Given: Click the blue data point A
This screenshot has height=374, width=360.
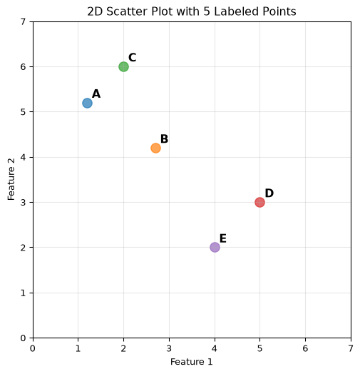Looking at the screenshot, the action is pyautogui.click(x=88, y=103).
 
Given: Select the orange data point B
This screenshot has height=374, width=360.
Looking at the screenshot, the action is pyautogui.click(x=156, y=148).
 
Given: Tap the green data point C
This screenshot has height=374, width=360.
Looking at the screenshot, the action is pyautogui.click(x=123, y=67).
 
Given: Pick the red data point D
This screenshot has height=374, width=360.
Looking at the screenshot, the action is pyautogui.click(x=260, y=203).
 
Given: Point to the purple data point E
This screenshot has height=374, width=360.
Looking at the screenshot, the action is pyautogui.click(x=215, y=248).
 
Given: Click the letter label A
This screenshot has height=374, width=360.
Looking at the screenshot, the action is pyautogui.click(x=96, y=94).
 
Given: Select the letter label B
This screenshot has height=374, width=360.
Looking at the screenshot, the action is pyautogui.click(x=165, y=138).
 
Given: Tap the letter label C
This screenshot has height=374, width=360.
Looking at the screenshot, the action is pyautogui.click(x=133, y=58).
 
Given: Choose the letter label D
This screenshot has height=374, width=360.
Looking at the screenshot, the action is pyautogui.click(x=269, y=193).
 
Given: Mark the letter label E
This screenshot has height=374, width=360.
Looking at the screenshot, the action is pyautogui.click(x=223, y=238).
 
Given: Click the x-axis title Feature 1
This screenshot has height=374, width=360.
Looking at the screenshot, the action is pyautogui.click(x=192, y=362).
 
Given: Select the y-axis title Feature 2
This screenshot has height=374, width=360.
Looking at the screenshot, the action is pyautogui.click(x=11, y=179).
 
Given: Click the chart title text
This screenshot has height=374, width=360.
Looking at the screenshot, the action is pyautogui.click(x=192, y=11).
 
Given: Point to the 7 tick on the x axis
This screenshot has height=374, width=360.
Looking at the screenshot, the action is pyautogui.click(x=351, y=349).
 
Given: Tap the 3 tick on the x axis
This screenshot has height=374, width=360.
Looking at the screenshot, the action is pyautogui.click(x=169, y=349).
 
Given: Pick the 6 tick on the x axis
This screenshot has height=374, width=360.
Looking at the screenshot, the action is pyautogui.click(x=305, y=349).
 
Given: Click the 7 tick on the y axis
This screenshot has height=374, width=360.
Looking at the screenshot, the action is pyautogui.click(x=23, y=21).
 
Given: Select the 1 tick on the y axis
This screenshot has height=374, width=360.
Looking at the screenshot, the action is pyautogui.click(x=23, y=293).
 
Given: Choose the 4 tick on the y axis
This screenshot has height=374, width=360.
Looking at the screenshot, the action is pyautogui.click(x=23, y=158).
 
